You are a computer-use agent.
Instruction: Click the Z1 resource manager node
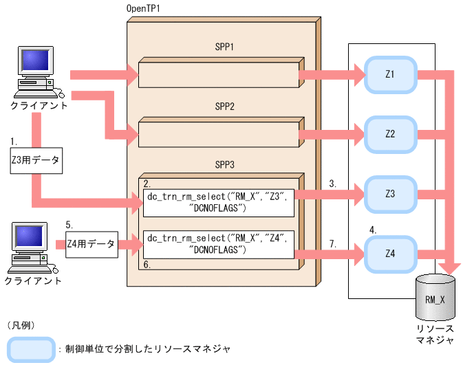[x=389, y=74]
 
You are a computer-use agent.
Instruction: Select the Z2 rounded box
[x=389, y=133]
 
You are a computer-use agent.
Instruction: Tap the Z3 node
[x=389, y=194]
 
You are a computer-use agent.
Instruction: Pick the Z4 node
[x=389, y=254]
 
